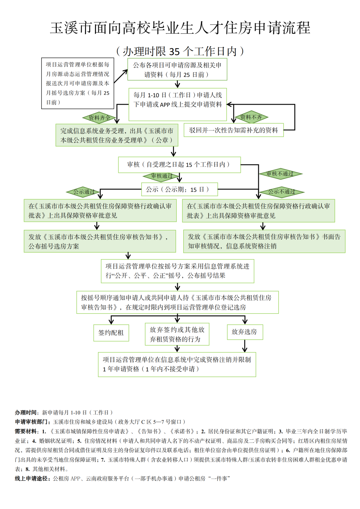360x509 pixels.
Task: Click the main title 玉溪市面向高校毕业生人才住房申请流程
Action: [x=180, y=28]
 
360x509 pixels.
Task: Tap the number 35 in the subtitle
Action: [x=174, y=52]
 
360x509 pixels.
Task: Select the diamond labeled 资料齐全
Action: [x=99, y=118]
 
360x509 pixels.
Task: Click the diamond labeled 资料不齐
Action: [x=251, y=117]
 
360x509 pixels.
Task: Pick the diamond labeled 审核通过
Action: [x=162, y=176]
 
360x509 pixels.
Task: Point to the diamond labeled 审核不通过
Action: [x=280, y=174]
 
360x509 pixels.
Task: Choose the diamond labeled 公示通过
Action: [x=84, y=192]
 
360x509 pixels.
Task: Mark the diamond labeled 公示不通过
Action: [x=282, y=192]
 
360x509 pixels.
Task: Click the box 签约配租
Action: [x=111, y=333]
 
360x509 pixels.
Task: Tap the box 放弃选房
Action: [x=245, y=332]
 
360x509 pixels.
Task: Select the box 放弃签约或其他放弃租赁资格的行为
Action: [x=177, y=334]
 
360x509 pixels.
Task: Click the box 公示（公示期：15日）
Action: [x=179, y=189]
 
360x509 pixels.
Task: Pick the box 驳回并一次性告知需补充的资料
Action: [x=233, y=130]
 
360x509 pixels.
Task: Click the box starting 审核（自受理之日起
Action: [x=179, y=165]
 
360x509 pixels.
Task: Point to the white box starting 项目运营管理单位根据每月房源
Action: [x=78, y=83]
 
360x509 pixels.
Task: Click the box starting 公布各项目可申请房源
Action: [x=177, y=70]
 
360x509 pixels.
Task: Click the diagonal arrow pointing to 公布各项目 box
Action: [x=121, y=76]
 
